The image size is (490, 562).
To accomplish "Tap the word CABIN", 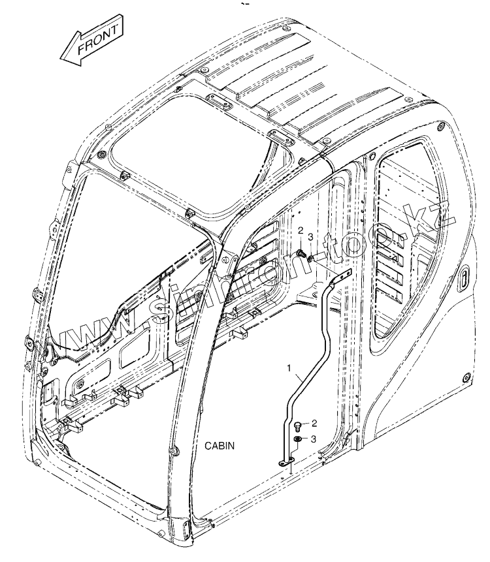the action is click(x=220, y=445).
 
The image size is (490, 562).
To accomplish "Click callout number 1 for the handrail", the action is click(x=289, y=369).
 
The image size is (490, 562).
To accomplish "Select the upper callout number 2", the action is click(x=301, y=231).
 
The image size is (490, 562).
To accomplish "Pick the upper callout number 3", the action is click(x=311, y=236).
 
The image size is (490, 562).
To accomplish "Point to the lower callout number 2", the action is click(x=314, y=423).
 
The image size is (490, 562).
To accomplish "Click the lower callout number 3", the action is click(x=314, y=439).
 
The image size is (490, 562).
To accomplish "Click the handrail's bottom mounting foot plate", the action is click(x=286, y=463).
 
